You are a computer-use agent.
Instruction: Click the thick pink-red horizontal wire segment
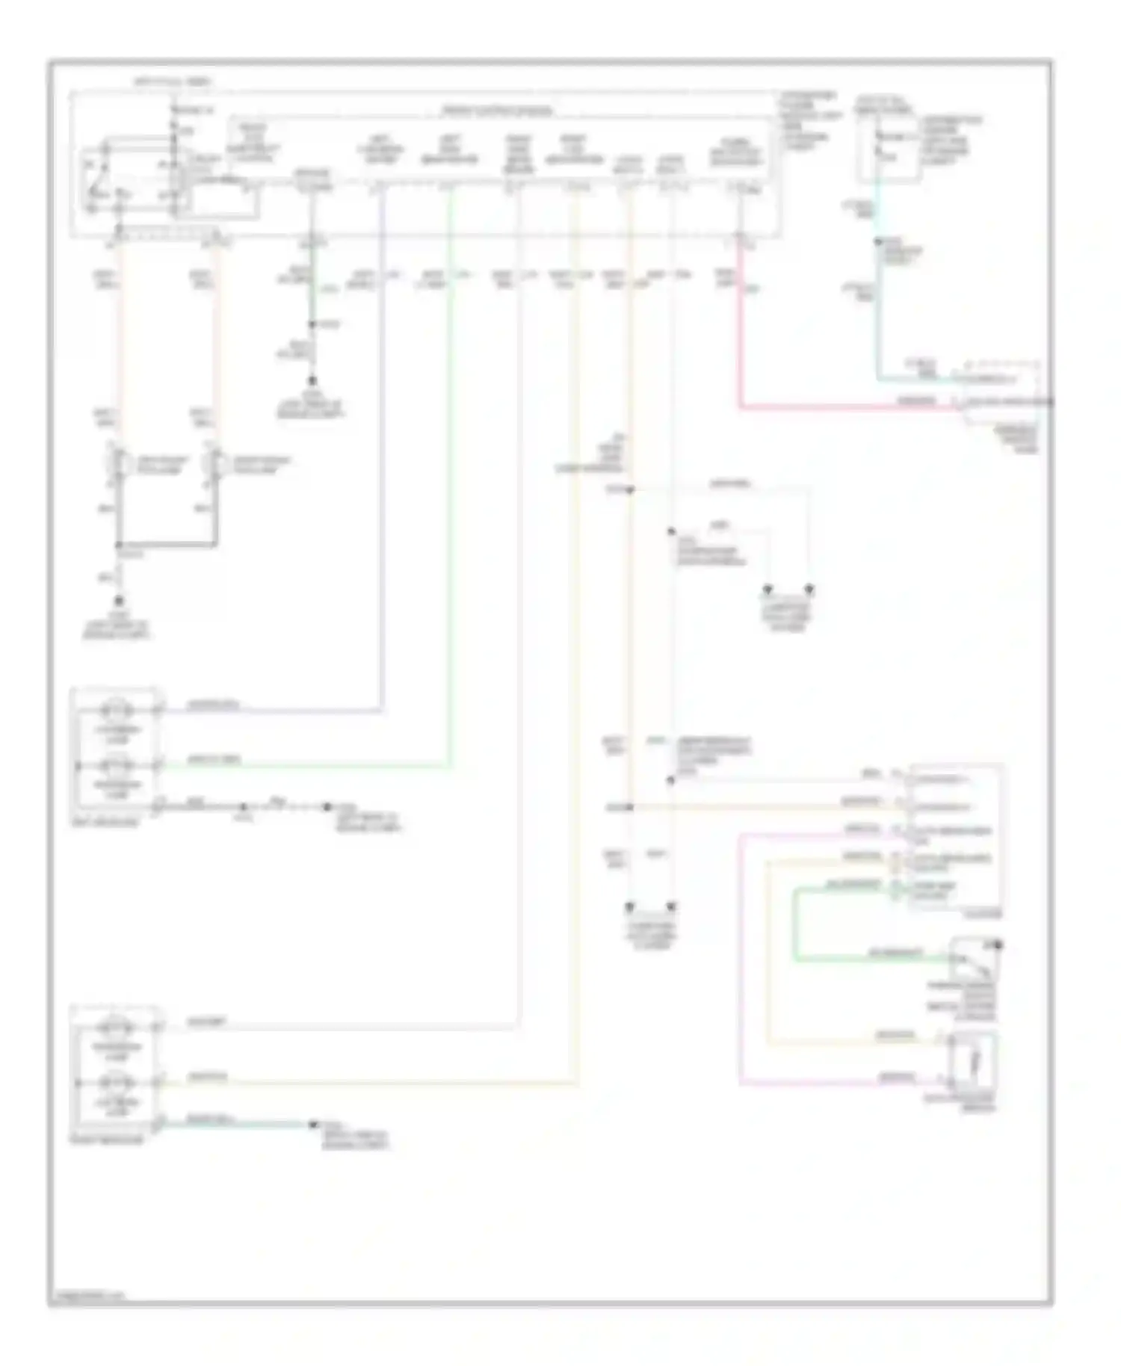[844, 408]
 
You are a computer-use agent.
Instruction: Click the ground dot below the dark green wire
[312, 380]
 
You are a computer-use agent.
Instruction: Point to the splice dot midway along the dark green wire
[312, 325]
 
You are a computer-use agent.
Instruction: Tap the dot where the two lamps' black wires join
[118, 545]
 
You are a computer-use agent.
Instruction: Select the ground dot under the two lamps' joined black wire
[118, 599]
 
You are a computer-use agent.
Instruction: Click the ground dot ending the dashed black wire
[326, 807]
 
